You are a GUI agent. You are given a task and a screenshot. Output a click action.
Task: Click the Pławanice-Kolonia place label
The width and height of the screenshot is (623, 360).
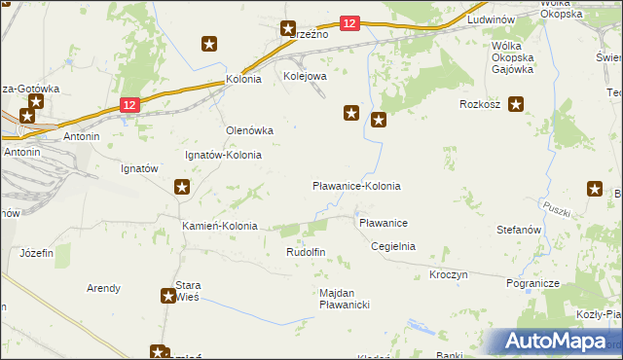pos(356,186)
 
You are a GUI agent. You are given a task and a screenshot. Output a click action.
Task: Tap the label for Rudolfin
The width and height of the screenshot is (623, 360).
pos(305,252)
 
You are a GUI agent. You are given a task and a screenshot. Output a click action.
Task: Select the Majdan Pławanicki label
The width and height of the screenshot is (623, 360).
pos(345,299)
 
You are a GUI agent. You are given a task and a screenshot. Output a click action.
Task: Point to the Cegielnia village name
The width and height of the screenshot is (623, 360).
pos(393,246)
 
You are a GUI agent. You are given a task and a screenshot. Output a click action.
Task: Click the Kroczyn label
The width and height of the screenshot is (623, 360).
pos(449,275)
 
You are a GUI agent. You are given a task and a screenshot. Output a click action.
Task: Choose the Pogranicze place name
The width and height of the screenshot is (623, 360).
pos(531,283)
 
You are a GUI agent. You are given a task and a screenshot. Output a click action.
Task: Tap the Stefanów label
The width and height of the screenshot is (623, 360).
pos(518,230)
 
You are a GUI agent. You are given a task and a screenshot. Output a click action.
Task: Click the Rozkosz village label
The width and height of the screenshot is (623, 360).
pos(481,104)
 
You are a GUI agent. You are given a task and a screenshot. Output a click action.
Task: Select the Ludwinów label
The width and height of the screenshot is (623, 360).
pos(491,19)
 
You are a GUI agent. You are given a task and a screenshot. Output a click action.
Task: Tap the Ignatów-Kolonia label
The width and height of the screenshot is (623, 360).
pos(223,155)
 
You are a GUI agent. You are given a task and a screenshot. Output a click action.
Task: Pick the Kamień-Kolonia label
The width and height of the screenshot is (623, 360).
pos(220,226)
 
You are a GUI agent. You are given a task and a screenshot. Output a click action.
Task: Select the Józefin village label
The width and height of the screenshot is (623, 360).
pos(37,252)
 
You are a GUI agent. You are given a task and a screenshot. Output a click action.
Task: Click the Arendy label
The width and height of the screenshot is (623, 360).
pos(103,288)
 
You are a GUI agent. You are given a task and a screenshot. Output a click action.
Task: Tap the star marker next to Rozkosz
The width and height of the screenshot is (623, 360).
pos(516,104)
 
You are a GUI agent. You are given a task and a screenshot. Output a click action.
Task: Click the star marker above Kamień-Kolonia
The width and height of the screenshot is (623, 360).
pos(182,187)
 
